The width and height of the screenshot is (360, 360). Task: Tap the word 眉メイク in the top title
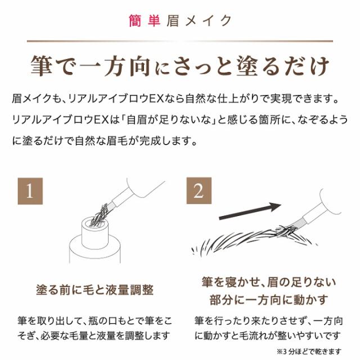(199, 21)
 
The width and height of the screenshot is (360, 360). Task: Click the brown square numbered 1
(30, 192)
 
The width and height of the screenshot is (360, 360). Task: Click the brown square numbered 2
(198, 192)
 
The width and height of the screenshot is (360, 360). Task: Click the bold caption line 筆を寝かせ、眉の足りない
(268, 281)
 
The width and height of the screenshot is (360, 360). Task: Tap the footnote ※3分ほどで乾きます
(317, 350)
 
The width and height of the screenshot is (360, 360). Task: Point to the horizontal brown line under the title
(180, 40)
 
